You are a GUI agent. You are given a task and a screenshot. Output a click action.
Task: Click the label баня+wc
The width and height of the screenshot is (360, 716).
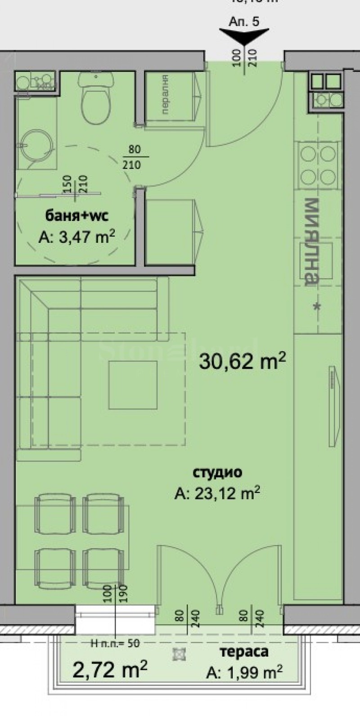[77, 216]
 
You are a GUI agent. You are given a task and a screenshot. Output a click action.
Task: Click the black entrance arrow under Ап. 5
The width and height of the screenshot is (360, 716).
[244, 36]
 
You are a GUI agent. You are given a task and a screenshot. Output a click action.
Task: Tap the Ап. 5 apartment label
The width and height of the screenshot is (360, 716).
[244, 22]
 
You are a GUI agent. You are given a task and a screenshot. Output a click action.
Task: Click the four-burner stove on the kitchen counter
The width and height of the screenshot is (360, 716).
[318, 164]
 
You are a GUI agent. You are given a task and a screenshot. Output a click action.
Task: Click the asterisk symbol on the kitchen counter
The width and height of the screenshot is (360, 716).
[316, 307]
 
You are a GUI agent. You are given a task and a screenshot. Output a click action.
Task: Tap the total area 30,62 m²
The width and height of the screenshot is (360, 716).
[242, 361]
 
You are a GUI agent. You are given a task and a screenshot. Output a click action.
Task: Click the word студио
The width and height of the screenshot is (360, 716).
[217, 472]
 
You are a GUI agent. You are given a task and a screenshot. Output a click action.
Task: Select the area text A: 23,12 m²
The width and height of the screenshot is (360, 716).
[217, 494]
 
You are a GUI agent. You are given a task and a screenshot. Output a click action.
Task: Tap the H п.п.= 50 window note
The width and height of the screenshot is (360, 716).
[114, 644]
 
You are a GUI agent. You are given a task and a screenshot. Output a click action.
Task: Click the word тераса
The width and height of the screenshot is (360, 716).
[244, 652]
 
